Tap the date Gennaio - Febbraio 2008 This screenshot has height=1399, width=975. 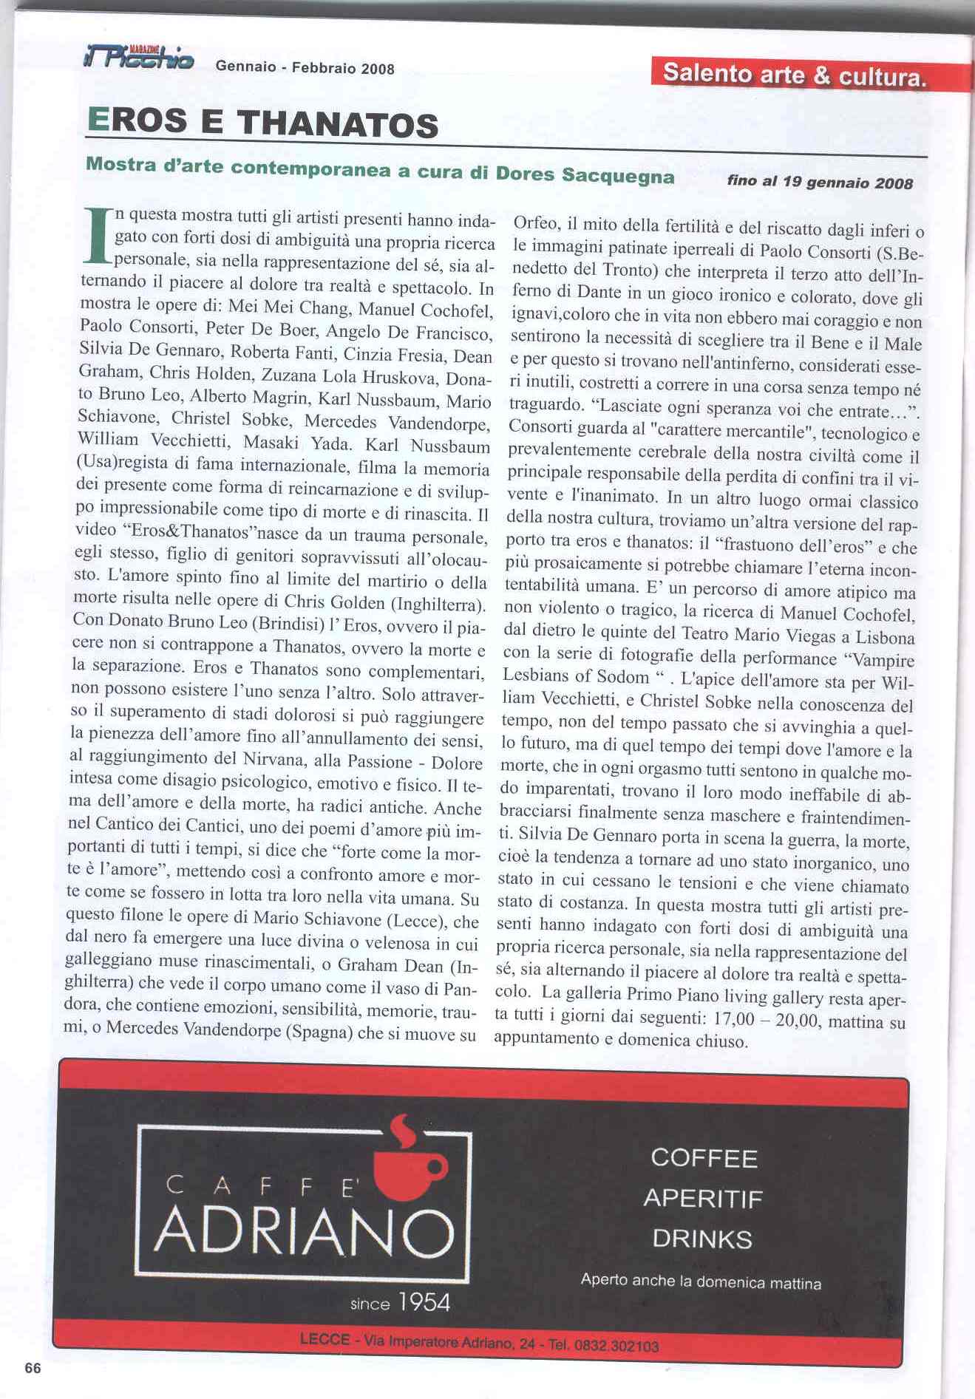pyautogui.click(x=305, y=68)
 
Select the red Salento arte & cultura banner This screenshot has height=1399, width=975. pyautogui.click(x=795, y=75)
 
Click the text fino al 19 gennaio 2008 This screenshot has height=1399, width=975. pyautogui.click(x=820, y=182)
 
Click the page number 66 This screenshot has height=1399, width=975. pyautogui.click(x=33, y=1368)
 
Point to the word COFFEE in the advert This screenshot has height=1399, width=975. pyautogui.click(x=704, y=1158)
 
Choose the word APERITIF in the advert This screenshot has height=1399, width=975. pyautogui.click(x=702, y=1198)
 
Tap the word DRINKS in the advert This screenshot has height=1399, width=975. pyautogui.click(x=702, y=1239)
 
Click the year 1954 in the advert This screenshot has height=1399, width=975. pyautogui.click(x=424, y=1302)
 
